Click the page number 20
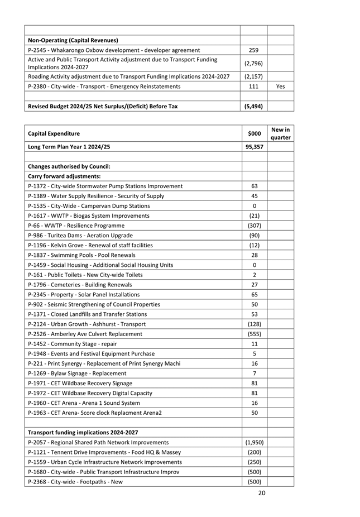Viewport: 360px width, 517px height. [x=262, y=493]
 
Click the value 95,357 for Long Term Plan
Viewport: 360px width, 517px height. [x=254, y=147]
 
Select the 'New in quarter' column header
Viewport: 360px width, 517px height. [x=280, y=133]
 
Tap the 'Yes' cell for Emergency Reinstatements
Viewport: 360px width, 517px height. [x=280, y=87]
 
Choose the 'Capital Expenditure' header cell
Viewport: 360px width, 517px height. [x=54, y=133]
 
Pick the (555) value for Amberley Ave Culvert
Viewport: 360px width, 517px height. [x=254, y=334]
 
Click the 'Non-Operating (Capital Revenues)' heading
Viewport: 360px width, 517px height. [x=73, y=40]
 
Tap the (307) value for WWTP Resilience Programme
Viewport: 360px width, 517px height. [x=254, y=226]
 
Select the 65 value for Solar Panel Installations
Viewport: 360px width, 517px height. [x=254, y=294]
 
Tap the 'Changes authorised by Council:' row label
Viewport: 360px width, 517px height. [x=69, y=166]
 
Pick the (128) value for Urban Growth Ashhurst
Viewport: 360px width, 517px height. [x=254, y=324]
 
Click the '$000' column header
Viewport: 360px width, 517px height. [x=254, y=133]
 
